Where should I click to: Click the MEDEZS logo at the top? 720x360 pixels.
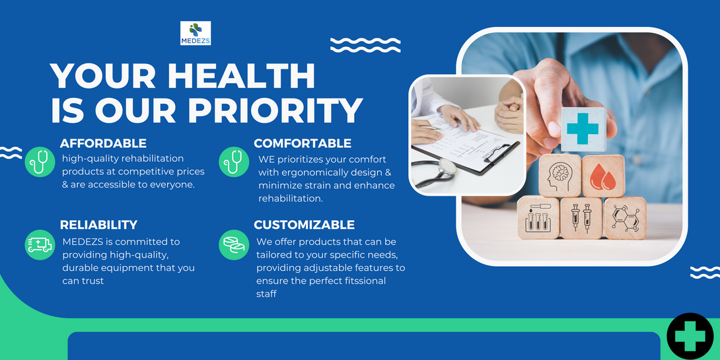pos(196,33)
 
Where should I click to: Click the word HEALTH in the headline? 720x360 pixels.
pos(241,76)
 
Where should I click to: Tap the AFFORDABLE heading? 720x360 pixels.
pos(103,143)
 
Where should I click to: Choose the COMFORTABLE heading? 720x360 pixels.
pos(303,143)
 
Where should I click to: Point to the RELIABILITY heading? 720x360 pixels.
pos(98,225)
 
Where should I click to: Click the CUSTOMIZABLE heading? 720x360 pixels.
pos(305,225)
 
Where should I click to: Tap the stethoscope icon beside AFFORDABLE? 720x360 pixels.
pos(40,162)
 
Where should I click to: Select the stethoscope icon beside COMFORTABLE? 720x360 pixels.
pos(234,162)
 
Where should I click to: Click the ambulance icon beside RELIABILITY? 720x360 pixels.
pos(40,245)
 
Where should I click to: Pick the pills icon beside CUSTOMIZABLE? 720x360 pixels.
pos(234,245)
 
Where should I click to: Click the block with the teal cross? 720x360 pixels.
pos(583,129)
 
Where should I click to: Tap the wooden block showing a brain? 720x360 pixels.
pos(560,176)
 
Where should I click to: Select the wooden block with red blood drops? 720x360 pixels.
pos(603,176)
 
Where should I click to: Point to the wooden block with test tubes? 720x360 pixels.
pos(538,218)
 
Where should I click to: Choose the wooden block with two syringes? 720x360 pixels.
pos(581,218)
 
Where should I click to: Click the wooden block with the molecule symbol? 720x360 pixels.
pos(624,218)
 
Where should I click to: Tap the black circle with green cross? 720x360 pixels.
pos(690,336)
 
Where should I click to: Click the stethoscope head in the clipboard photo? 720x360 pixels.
pos(445,166)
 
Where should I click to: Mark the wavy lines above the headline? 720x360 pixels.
pos(365,45)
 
